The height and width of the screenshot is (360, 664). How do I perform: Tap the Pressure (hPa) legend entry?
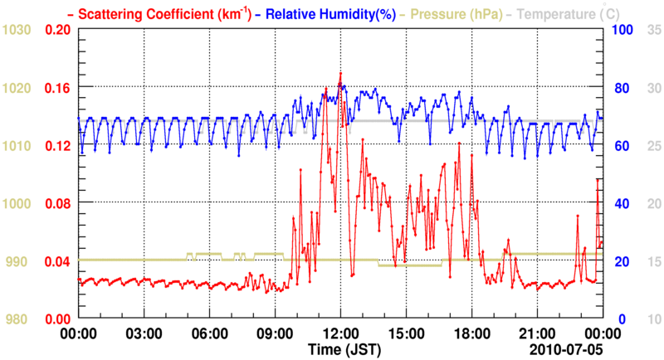coord(453,13)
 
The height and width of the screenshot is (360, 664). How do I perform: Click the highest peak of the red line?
coord(340,73)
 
